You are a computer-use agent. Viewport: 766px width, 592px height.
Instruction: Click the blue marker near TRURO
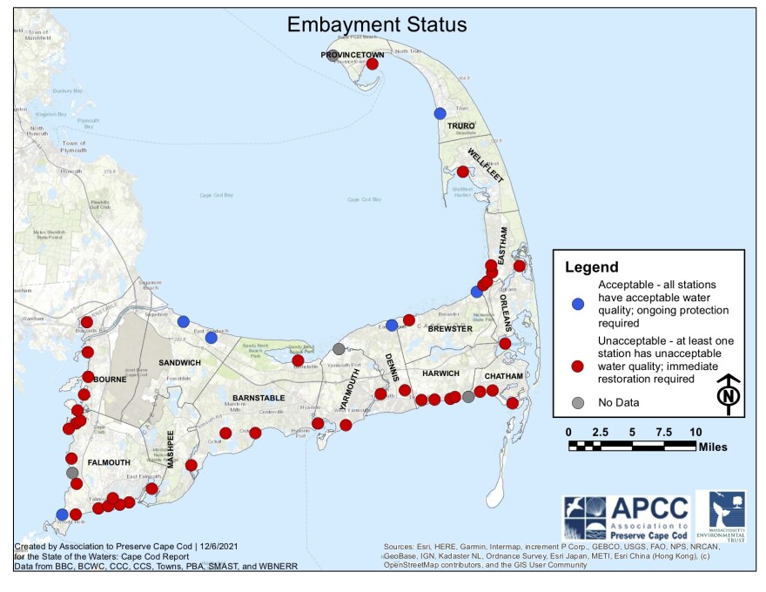[440, 113]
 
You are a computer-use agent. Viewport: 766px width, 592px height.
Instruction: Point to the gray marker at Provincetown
[333, 56]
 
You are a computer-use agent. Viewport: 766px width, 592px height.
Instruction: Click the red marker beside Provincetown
[373, 64]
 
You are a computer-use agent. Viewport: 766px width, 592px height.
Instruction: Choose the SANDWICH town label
[180, 361]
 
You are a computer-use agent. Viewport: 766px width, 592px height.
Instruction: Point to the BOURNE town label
[110, 380]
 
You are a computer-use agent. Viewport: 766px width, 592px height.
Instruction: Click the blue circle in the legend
[576, 304]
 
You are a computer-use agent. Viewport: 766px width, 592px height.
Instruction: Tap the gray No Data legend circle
[576, 402]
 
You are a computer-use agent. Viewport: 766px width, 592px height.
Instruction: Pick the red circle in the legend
[576, 367]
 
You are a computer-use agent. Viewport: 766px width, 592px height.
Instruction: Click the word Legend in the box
[592, 267]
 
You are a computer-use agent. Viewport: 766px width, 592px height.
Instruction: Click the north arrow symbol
[727, 392]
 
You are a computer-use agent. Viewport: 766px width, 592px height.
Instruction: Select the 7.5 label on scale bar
[663, 432]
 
